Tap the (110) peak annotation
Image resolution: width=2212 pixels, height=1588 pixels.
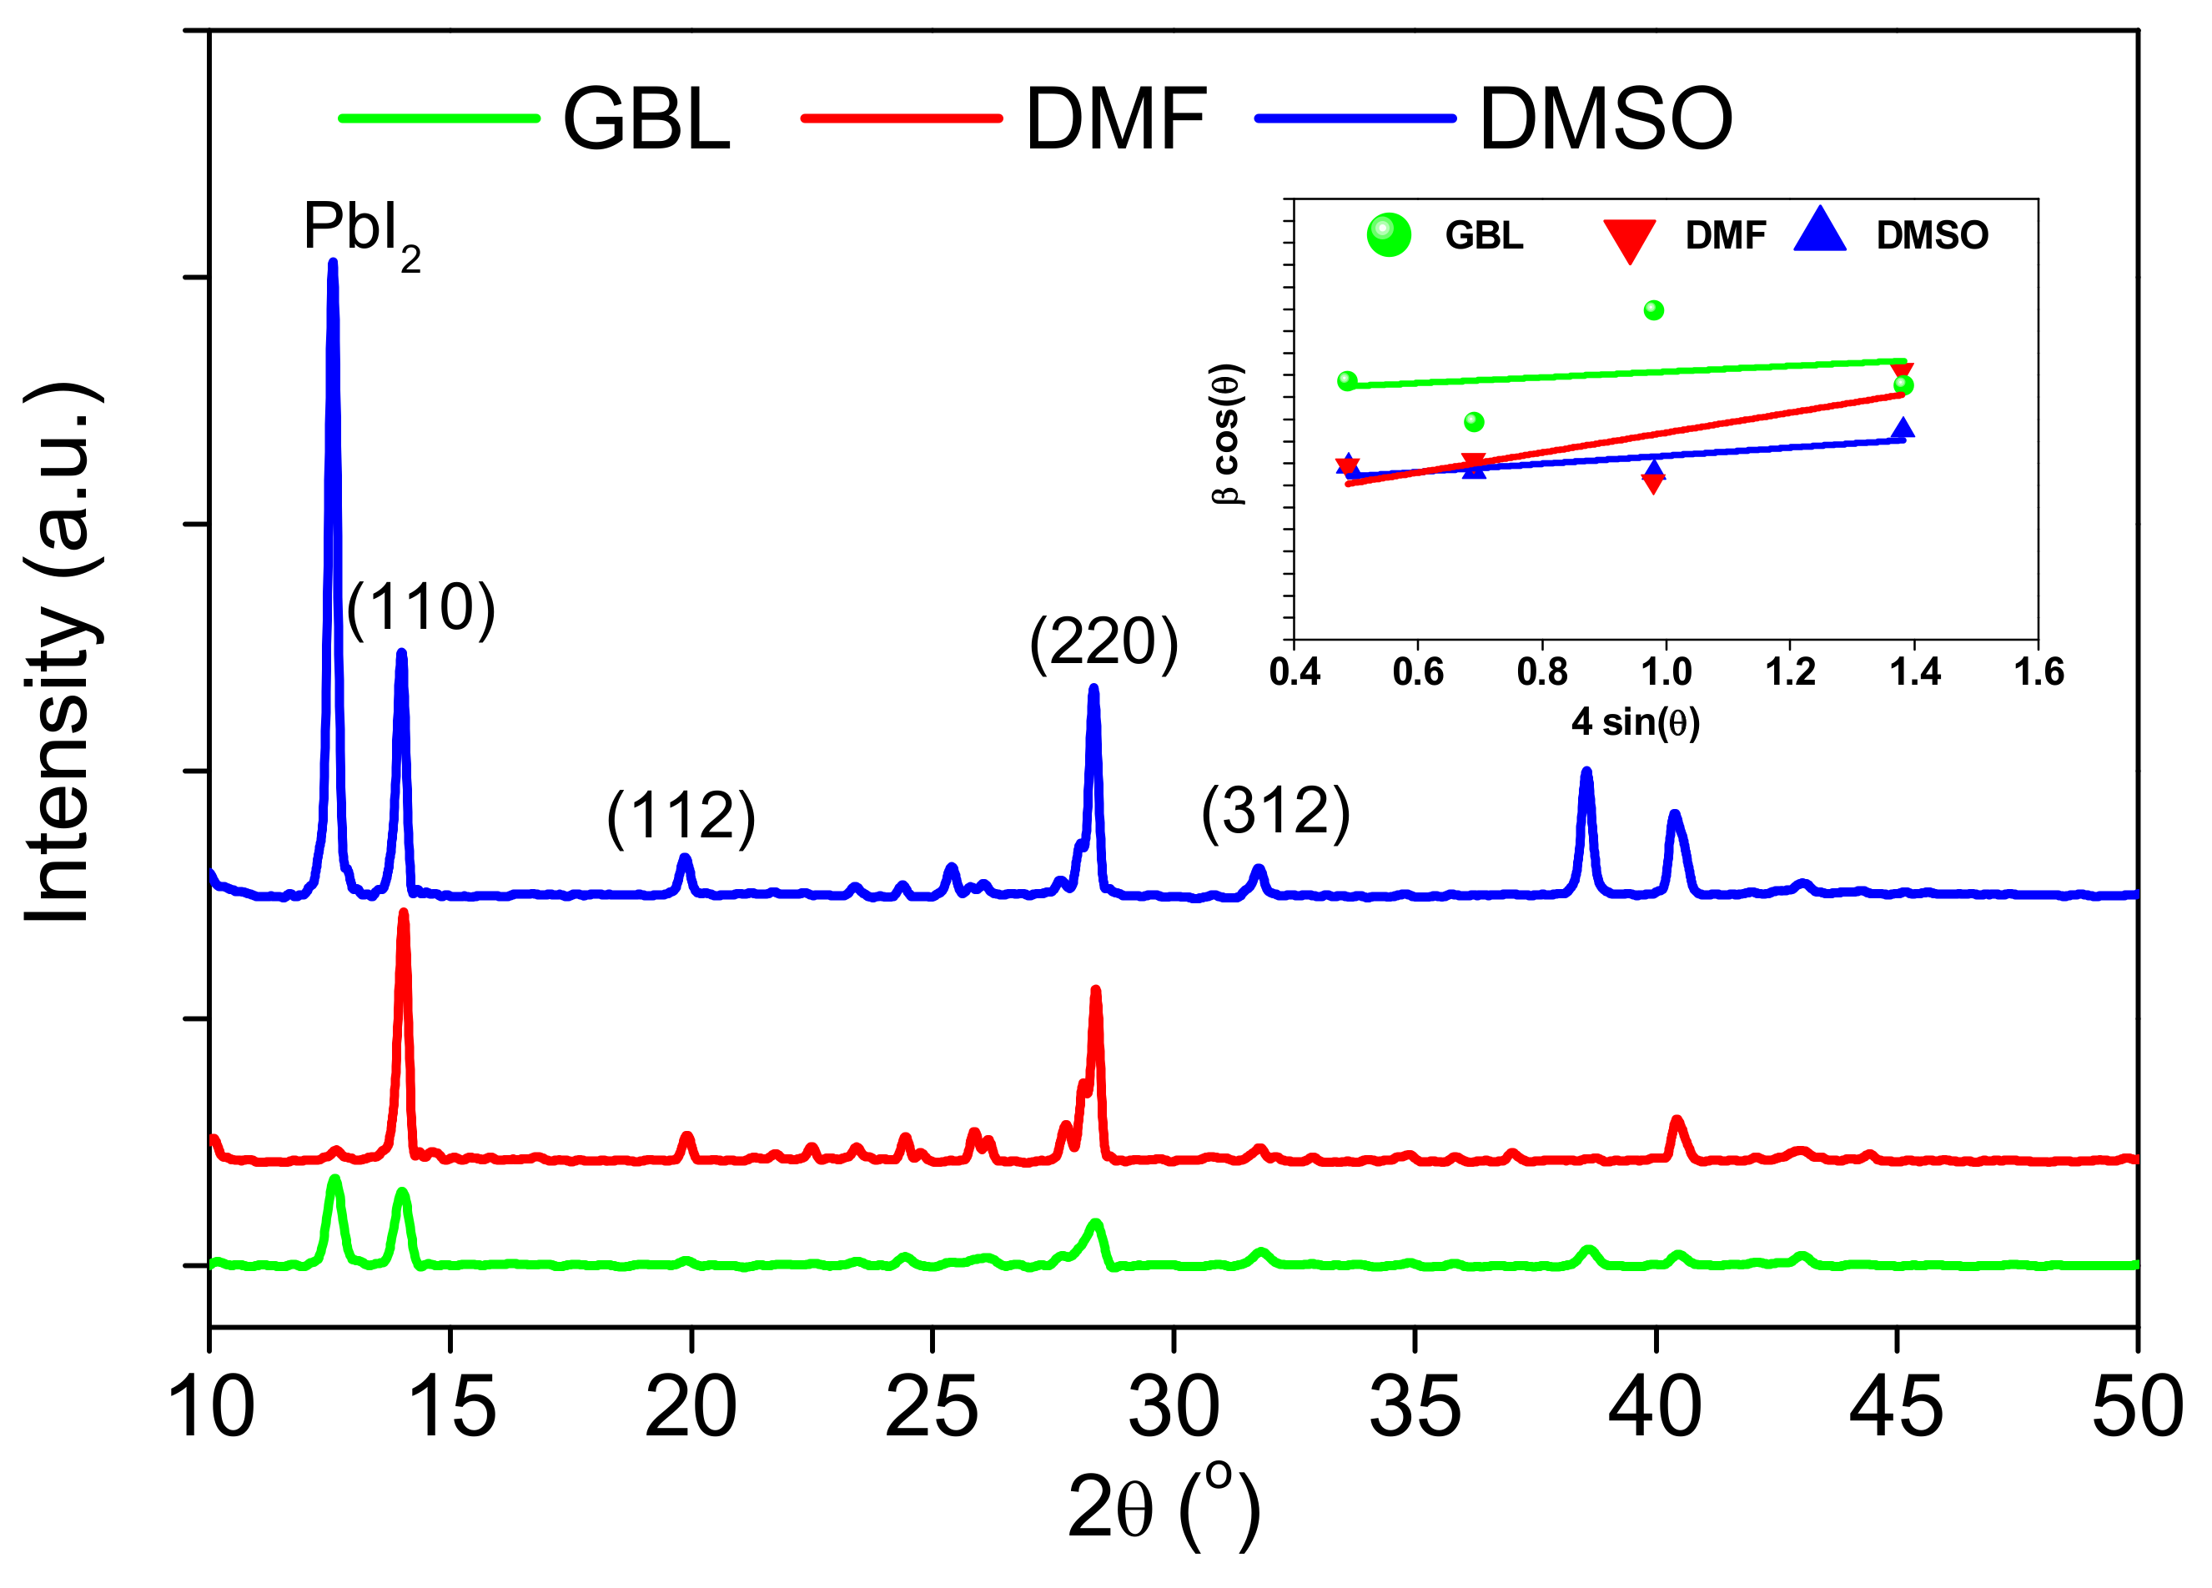click(420, 609)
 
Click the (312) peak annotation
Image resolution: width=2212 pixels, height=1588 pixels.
click(1274, 811)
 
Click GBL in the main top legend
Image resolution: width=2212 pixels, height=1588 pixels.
click(646, 119)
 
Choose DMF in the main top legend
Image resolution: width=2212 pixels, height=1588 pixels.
click(1116, 119)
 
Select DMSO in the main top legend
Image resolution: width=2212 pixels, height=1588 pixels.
click(1606, 119)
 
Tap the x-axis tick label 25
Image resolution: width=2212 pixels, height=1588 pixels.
click(932, 1408)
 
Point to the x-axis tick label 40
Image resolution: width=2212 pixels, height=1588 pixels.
click(1655, 1408)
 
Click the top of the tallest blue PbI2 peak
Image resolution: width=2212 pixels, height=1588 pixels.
click(333, 263)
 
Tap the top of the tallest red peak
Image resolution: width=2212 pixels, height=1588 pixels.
click(403, 913)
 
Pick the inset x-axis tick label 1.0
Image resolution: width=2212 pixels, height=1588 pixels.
click(1666, 672)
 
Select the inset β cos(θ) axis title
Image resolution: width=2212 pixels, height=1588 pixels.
click(1226, 433)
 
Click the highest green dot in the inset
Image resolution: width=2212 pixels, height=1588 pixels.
click(1653, 310)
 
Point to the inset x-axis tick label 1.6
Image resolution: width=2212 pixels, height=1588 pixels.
click(2039, 672)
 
